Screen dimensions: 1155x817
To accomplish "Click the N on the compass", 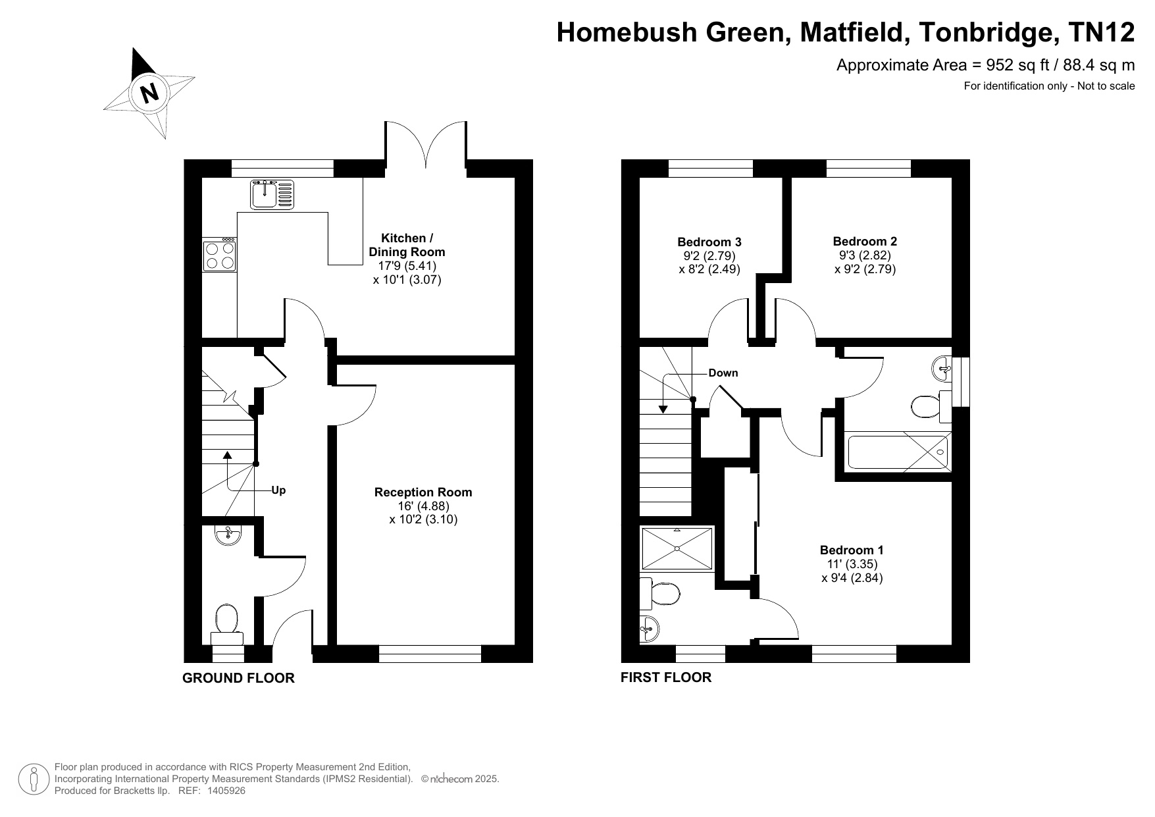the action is tap(151, 92).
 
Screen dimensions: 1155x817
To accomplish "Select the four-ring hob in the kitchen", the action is tap(220, 255).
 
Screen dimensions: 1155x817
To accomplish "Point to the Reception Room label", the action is tap(423, 492).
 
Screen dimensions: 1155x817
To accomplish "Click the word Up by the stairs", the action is tap(278, 490).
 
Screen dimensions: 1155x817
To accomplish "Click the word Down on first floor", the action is tap(723, 373).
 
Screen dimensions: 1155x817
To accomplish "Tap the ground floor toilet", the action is tap(226, 623).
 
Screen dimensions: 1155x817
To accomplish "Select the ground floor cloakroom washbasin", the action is tap(228, 535).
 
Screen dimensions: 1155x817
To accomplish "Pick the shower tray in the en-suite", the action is tap(677, 548).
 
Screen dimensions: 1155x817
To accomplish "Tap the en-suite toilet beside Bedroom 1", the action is tap(660, 594).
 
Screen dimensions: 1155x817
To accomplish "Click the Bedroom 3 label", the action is tap(709, 242).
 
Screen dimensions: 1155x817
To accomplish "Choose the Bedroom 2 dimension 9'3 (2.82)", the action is tap(865, 255).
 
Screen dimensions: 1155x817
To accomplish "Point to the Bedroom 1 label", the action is tap(852, 550).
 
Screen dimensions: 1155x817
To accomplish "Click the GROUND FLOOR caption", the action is tap(238, 677).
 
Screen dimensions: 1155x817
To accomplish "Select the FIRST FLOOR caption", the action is tap(666, 677).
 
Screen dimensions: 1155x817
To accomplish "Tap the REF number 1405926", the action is tap(226, 791).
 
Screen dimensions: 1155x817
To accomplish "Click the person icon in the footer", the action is tap(33, 779).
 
